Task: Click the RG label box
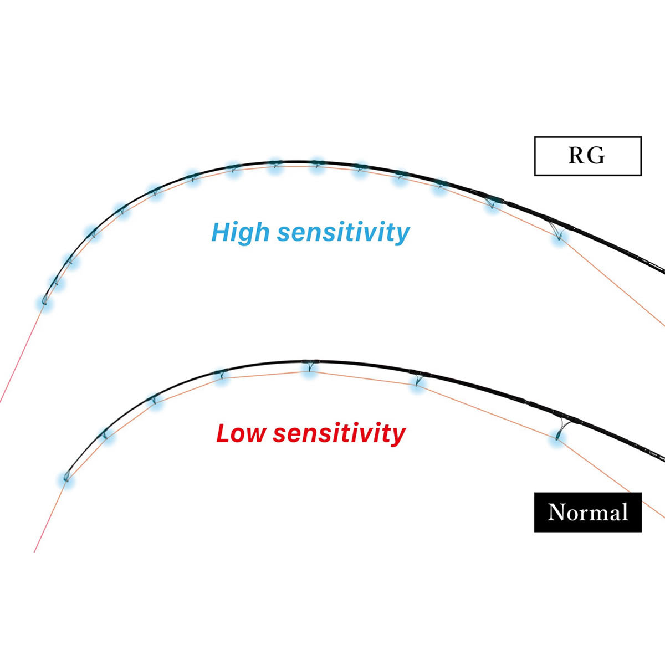tap(588, 156)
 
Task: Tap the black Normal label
tap(588, 512)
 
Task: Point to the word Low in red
tap(241, 433)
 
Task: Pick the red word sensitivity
tap(339, 433)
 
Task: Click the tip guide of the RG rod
tap(44, 300)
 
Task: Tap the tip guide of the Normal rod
tap(66, 477)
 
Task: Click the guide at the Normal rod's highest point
tap(310, 365)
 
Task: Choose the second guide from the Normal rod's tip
tap(105, 434)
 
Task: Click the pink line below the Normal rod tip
tap(50, 516)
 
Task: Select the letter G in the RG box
tap(597, 156)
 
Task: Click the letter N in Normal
tap(557, 512)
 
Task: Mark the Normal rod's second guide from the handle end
tap(418, 378)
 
